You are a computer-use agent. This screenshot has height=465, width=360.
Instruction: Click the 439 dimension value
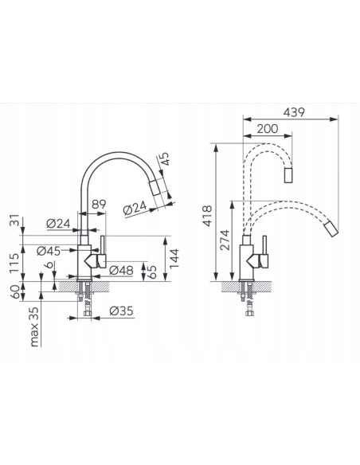coord(294,113)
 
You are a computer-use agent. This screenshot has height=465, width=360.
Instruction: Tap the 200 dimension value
coord(268,129)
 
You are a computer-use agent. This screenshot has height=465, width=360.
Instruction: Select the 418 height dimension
coord(208,216)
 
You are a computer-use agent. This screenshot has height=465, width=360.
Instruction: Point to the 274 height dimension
coord(225,240)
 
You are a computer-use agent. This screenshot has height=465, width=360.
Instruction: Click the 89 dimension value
coord(99,205)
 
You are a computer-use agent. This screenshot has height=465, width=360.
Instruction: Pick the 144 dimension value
coord(174,258)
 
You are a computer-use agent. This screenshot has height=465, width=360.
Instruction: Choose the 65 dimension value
coord(151,272)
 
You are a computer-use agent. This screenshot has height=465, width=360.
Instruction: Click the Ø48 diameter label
coord(121,270)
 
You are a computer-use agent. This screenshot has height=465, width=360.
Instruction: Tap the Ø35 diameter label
coord(121,311)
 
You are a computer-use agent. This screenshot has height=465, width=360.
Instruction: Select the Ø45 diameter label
coord(49,251)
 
